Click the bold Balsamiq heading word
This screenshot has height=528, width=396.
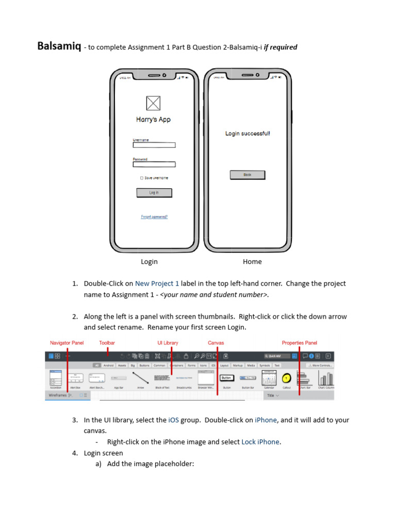coord(58,46)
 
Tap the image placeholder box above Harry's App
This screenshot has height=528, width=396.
coord(153,103)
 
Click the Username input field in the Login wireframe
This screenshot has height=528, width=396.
coord(154,145)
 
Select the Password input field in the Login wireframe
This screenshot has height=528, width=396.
coord(154,164)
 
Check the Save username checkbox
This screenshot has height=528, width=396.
coord(142,178)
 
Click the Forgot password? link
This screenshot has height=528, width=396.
coord(154,217)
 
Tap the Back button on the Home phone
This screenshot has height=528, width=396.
coord(247,175)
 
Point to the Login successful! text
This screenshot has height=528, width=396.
coord(247,134)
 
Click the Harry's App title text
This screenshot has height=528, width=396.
coord(153,120)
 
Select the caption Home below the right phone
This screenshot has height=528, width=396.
coord(252,262)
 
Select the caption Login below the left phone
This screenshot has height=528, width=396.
coord(149,262)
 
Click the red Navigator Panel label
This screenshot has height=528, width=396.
coord(67,343)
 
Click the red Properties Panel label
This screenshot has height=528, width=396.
coord(299,343)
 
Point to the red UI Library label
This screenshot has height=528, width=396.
coord(168,343)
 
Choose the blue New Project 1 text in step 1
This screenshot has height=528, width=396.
coord(157,284)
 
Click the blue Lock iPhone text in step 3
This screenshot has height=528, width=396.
coord(260,442)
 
